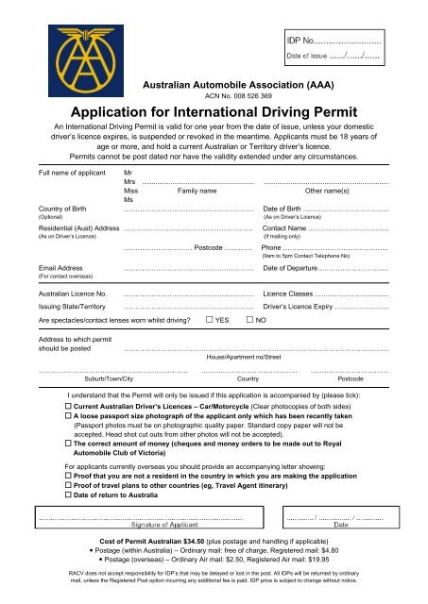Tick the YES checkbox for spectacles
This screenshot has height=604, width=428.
209,321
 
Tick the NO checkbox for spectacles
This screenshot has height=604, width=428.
249,321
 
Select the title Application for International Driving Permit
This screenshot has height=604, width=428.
214,109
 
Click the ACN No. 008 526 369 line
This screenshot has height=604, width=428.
214,96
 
